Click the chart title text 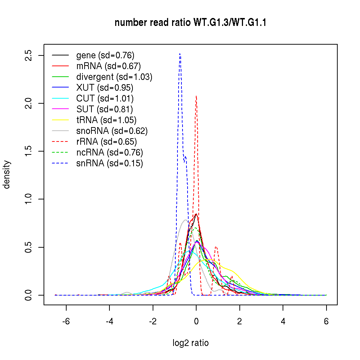coord(190,23)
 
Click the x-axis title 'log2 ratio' coord(190,343)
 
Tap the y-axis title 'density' coord(6,175)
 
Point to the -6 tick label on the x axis coord(66,321)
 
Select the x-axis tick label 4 coord(283,321)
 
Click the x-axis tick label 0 coord(196,321)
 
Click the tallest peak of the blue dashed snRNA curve coord(180,54)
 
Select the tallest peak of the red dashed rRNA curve coord(196,96)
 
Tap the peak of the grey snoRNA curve coord(186,220)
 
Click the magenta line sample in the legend coord(60,109)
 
